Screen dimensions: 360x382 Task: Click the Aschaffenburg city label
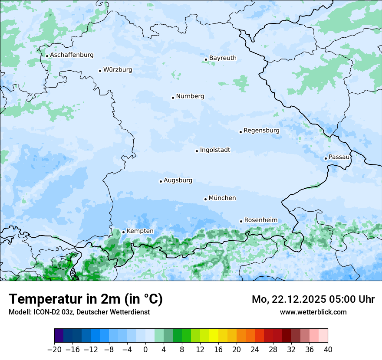72,55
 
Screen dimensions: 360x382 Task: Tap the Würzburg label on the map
118,70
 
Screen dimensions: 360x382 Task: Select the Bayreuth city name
223,58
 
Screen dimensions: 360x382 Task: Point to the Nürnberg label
190,96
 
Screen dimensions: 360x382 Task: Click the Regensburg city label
261,131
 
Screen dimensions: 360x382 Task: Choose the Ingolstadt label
215,150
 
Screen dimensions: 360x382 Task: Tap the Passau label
339,157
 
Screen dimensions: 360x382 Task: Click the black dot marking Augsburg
161,181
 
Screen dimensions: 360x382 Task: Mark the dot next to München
205,199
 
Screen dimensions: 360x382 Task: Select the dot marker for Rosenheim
241,221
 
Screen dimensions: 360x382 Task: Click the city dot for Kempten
123,232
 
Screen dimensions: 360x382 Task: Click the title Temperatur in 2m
86,299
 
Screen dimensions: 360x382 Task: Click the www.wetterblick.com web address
313,312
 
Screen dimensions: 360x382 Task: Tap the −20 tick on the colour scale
54,350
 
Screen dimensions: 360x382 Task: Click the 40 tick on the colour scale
328,350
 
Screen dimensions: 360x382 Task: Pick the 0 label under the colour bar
145,350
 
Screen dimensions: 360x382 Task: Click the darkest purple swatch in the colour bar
59,336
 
